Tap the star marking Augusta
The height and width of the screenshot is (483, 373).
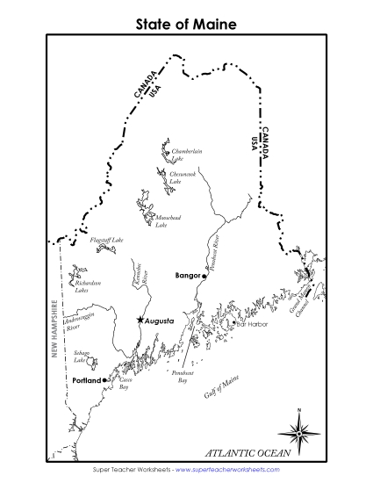point(140,321)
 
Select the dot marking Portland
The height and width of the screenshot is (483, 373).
point(105,379)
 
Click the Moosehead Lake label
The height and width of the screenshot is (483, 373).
point(169,220)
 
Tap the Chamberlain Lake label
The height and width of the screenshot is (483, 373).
point(188,155)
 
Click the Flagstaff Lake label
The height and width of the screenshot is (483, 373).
point(105,239)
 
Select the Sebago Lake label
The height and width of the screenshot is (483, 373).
point(81,357)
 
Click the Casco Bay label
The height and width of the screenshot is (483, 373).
point(124,383)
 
